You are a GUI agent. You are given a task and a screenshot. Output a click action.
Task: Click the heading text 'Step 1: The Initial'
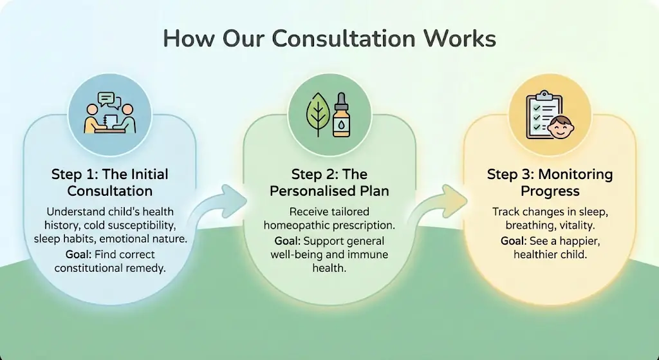pyautogui.click(x=109, y=175)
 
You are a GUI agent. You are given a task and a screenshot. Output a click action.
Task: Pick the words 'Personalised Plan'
pyautogui.click(x=329, y=191)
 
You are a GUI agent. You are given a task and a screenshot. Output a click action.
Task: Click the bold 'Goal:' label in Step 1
pyautogui.click(x=78, y=254)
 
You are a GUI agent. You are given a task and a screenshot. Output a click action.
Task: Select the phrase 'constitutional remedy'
pyautogui.click(x=110, y=268)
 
